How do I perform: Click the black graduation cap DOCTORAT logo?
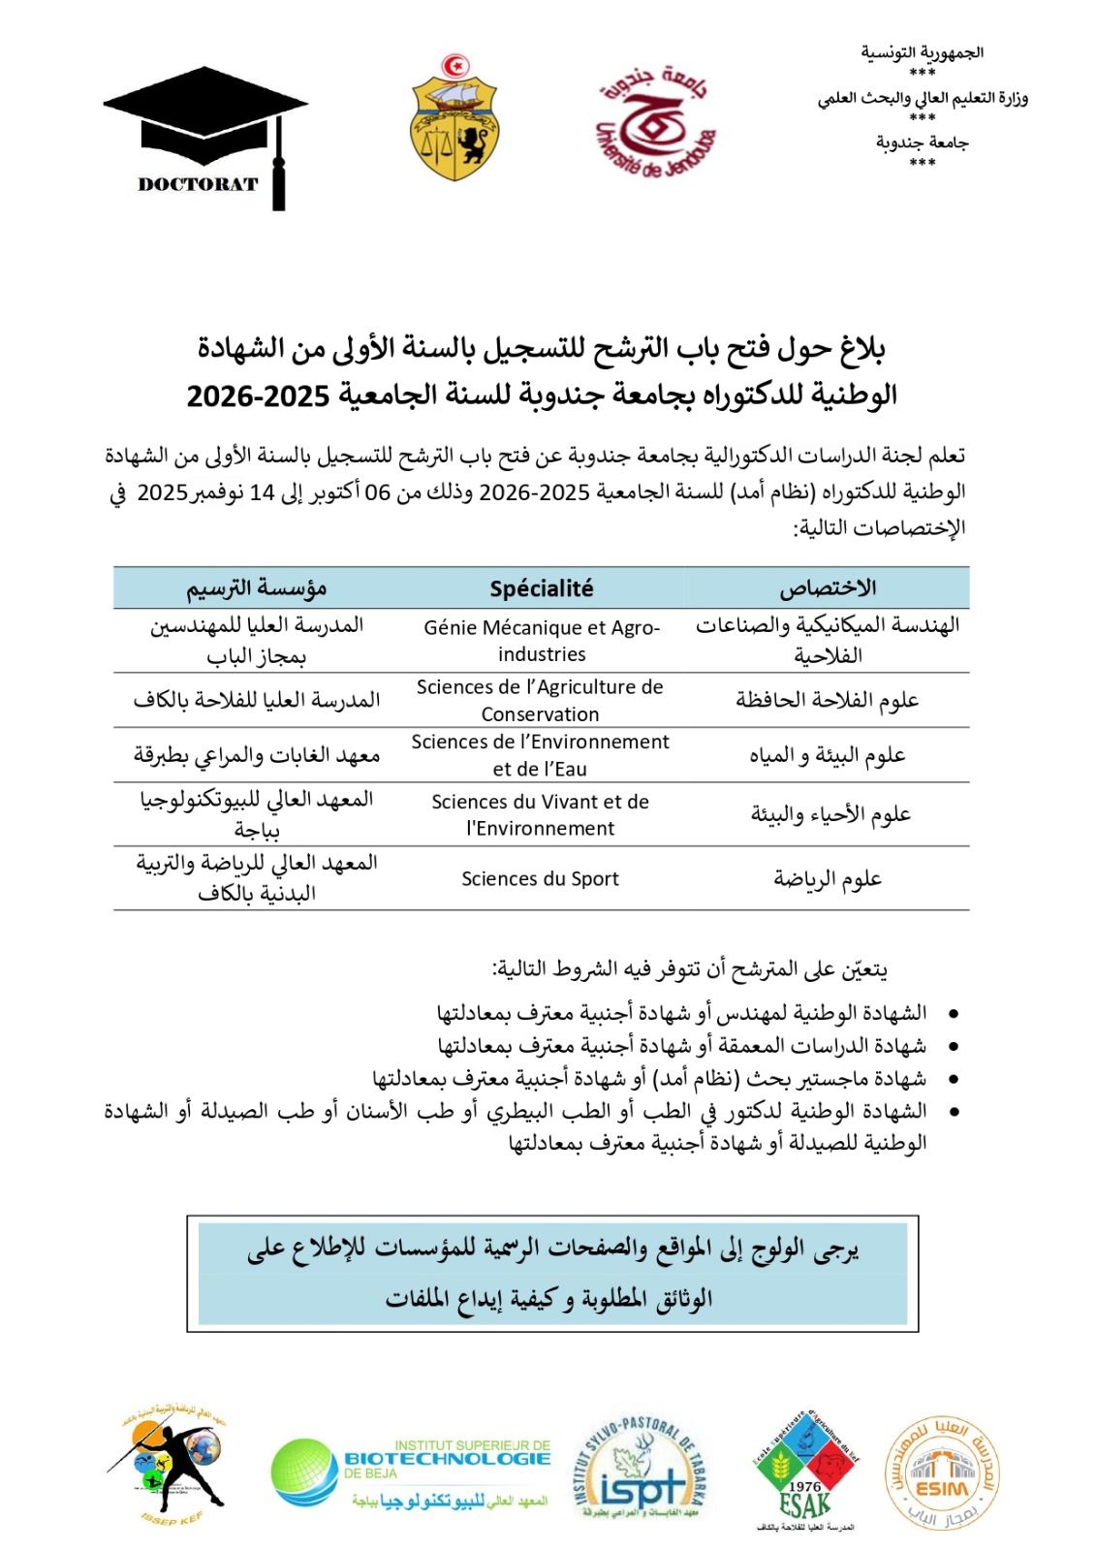(205, 136)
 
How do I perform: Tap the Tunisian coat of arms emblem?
(454, 118)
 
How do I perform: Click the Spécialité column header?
(541, 588)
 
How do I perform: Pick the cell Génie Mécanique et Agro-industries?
(541, 641)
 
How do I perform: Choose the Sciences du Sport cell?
(540, 878)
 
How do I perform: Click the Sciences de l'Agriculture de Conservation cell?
(540, 700)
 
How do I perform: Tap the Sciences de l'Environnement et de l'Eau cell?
(540, 755)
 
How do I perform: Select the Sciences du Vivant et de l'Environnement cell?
(540, 814)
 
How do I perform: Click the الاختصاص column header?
(828, 588)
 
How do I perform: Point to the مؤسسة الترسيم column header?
(257, 588)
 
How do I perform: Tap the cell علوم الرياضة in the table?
(828, 878)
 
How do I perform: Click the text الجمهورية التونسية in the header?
(922, 53)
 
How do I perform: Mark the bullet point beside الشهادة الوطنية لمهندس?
(954, 1014)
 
